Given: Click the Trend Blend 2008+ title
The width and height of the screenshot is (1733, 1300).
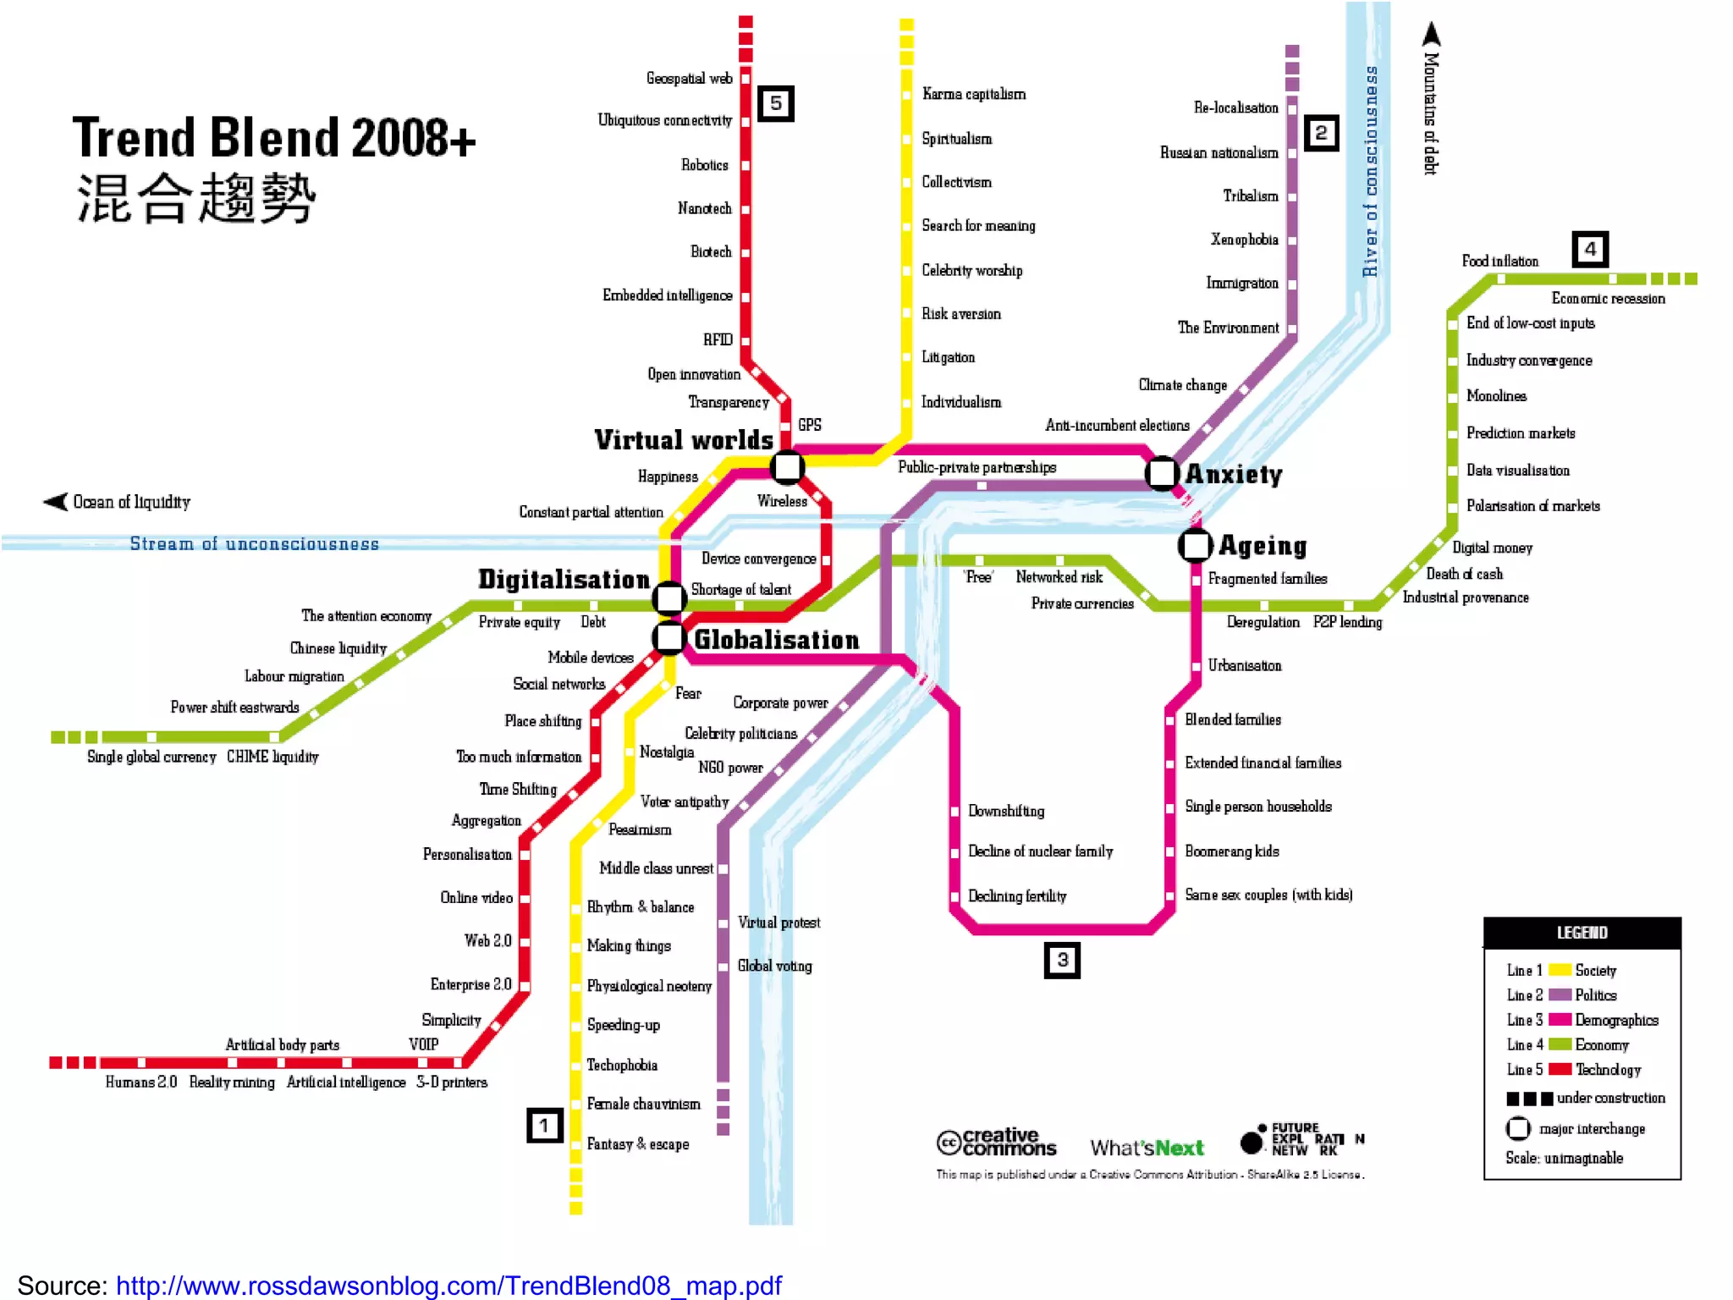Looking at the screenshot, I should (274, 138).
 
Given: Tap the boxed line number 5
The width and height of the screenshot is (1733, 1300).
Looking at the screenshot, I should (775, 104).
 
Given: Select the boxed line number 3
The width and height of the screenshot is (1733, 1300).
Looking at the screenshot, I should (1062, 960).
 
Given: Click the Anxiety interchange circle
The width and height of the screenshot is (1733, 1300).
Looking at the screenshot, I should (1163, 473).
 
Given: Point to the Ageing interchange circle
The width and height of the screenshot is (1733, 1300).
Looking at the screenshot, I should (1196, 545).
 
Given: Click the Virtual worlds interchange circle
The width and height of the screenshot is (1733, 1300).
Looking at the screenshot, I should (787, 465).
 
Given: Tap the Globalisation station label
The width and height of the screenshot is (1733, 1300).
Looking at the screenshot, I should (776, 640).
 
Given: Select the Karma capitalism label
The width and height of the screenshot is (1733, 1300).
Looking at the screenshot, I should (973, 94).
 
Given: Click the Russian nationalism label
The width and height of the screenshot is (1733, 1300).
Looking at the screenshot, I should (1219, 153).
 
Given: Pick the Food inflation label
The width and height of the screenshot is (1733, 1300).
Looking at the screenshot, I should (1499, 262).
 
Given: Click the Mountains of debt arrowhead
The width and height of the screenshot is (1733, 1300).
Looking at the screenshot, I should (1431, 34).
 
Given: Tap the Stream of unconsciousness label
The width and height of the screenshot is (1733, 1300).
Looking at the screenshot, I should (254, 544).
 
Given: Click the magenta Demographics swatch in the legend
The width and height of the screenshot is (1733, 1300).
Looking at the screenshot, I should (1560, 1020).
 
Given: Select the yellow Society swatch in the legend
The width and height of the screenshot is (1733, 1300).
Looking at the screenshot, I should (1560, 970).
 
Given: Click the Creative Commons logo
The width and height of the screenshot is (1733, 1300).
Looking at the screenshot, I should (996, 1143).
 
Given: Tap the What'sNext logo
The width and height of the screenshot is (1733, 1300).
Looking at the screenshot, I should (1147, 1148).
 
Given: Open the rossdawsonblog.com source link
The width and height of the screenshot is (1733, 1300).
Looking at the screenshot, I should (448, 1286).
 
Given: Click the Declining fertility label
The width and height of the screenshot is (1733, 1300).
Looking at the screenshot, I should (1017, 896).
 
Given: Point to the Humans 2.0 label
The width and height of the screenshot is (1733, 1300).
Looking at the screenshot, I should (141, 1082).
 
